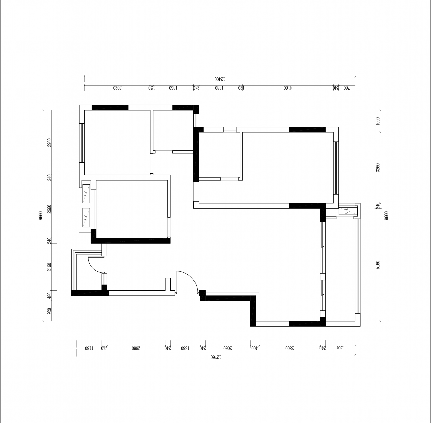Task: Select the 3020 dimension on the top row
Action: pos(117,88)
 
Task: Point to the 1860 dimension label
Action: pos(173,88)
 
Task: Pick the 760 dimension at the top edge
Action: pos(346,88)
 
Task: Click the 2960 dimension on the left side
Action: pos(49,143)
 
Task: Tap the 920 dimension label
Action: pos(49,311)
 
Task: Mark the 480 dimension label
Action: pos(49,296)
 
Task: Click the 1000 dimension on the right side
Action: pos(378,121)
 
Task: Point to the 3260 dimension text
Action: pos(378,168)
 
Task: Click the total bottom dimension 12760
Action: pos(216,357)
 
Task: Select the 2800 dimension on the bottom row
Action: pos(289,348)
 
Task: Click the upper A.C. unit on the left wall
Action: pos(86,193)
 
